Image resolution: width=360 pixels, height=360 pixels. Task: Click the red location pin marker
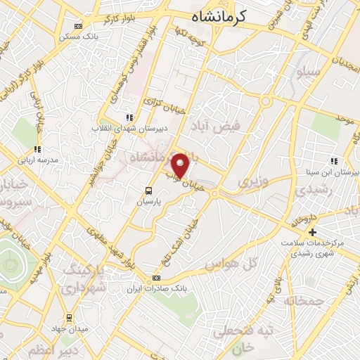pos(181,165)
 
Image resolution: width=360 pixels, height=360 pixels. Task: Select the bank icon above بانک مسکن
pos(78,27)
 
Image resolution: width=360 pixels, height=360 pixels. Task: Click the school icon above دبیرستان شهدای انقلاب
pos(128,118)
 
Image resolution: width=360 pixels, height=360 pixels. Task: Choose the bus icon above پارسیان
pos(148,191)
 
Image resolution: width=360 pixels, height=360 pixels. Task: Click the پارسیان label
pos(150,201)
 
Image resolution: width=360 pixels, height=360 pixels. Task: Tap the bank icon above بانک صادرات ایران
pos(156,278)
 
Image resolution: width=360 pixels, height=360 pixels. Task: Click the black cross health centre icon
pos(313,232)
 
